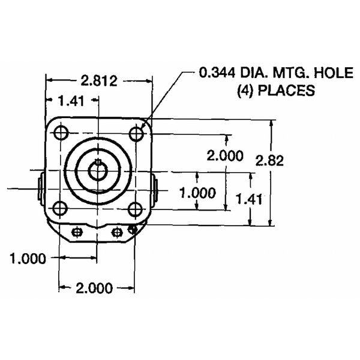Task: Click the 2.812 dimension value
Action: pyautogui.click(x=100, y=80)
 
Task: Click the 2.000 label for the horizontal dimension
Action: pyautogui.click(x=95, y=288)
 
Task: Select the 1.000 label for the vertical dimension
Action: pyautogui.click(x=197, y=193)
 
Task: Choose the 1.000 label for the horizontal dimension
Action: pyautogui.click(x=28, y=259)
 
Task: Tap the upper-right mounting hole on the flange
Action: pyautogui.click(x=136, y=133)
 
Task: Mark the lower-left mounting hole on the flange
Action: pyautogui.click(x=59, y=209)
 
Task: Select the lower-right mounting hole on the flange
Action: pyautogui.click(x=136, y=209)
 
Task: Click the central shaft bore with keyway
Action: pyautogui.click(x=97, y=170)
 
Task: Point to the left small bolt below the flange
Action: pyautogui.click(x=76, y=232)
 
